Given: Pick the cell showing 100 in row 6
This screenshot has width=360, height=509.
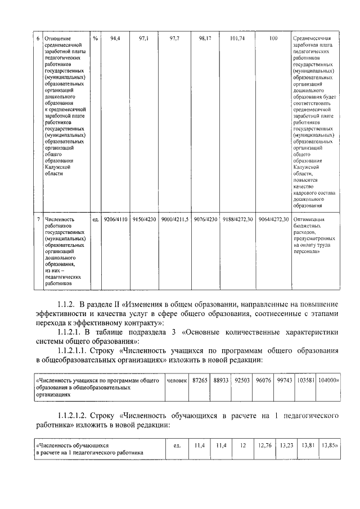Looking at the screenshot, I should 273,39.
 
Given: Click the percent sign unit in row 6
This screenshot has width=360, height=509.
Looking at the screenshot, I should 96,39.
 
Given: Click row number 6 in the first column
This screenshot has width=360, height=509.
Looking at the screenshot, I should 38,39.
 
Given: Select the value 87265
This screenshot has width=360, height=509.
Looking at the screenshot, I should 199,380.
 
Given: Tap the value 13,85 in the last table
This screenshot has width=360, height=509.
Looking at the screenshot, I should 328,445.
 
